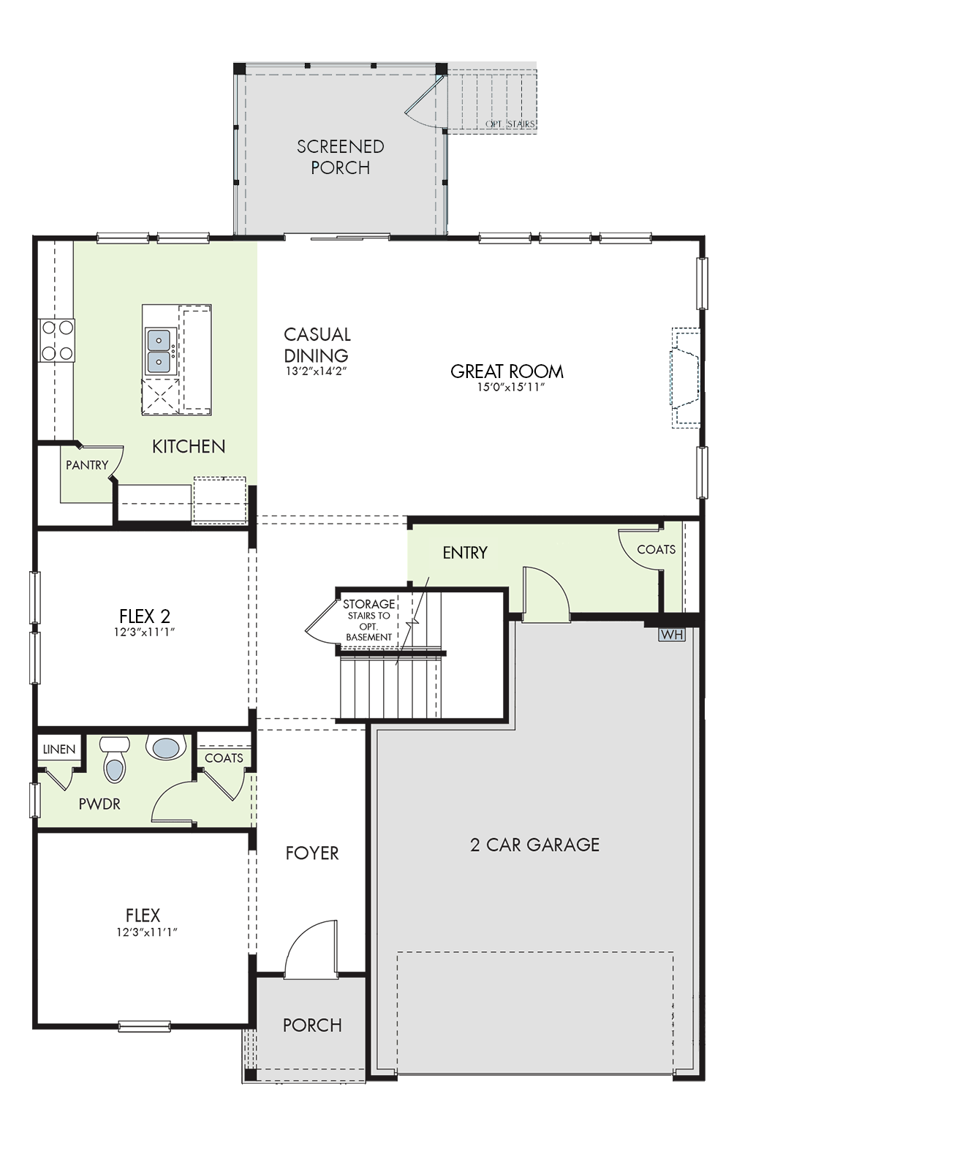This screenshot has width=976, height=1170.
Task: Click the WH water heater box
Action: pyautogui.click(x=672, y=635)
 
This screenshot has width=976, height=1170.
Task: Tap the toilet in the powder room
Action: pyautogui.click(x=113, y=760)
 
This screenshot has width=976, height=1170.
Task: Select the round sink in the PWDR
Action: pyautogui.click(x=166, y=747)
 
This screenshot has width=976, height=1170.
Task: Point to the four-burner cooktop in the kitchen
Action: pyautogui.click(x=57, y=340)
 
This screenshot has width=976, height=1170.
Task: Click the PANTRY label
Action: pyautogui.click(x=87, y=465)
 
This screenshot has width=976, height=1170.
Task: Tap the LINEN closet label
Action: pyautogui.click(x=59, y=750)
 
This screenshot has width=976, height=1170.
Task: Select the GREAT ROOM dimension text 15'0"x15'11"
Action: pyautogui.click(x=511, y=388)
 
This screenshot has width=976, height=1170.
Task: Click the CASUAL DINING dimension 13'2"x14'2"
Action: pyautogui.click(x=316, y=371)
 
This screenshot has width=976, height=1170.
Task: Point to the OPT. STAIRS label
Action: pyautogui.click(x=510, y=124)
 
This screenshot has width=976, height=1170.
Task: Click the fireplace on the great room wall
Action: pyautogui.click(x=686, y=377)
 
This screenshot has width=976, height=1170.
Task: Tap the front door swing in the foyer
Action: pyautogui.click(x=310, y=948)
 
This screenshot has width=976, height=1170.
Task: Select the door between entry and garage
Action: pyautogui.click(x=546, y=594)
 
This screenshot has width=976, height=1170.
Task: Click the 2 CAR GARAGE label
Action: pyautogui.click(x=534, y=845)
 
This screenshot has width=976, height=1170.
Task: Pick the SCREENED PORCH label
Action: pyautogui.click(x=340, y=157)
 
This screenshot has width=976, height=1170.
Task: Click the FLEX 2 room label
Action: pyautogui.click(x=145, y=616)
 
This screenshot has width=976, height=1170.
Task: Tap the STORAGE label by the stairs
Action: pyautogui.click(x=369, y=605)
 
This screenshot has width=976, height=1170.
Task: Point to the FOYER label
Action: pyautogui.click(x=312, y=853)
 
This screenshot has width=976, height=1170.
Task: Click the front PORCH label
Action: pyautogui.click(x=312, y=1026)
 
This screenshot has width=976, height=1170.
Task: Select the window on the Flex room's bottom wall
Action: pyautogui.click(x=144, y=1026)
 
